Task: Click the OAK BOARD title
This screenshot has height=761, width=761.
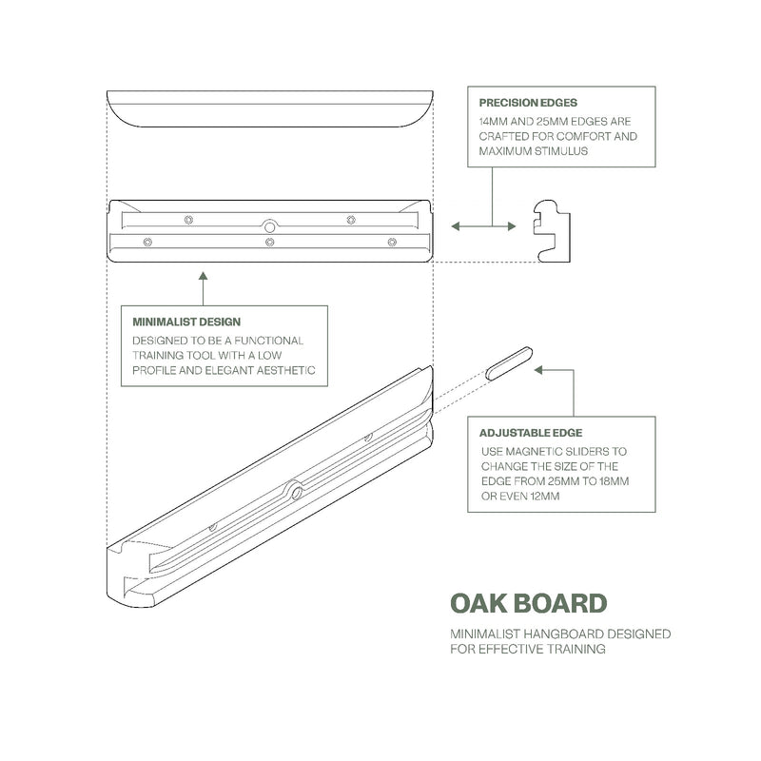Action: pyautogui.click(x=528, y=604)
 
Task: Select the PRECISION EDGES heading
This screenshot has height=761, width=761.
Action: pyautogui.click(x=528, y=103)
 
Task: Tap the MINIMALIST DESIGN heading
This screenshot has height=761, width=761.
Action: pyautogui.click(x=186, y=322)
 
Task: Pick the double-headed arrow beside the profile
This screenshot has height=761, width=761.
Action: pyautogui.click(x=483, y=225)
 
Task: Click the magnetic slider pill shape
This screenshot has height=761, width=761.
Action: pyautogui.click(x=509, y=364)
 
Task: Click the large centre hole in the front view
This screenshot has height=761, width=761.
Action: pyautogui.click(x=270, y=226)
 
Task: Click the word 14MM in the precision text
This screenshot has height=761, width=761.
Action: pyautogui.click(x=495, y=122)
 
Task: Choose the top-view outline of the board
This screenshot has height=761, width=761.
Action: pyautogui.click(x=270, y=107)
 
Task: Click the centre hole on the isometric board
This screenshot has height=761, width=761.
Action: pyautogui.click(x=297, y=492)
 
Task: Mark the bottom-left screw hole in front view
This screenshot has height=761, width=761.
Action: pyautogui.click(x=147, y=243)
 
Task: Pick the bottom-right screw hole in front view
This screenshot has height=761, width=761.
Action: pyautogui.click(x=392, y=243)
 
